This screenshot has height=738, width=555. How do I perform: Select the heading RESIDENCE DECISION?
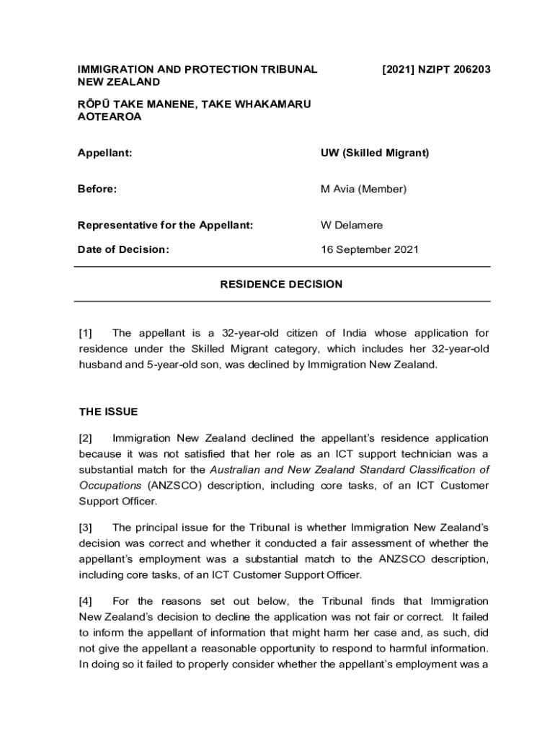[x=281, y=284]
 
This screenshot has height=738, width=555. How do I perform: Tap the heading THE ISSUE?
[x=108, y=412]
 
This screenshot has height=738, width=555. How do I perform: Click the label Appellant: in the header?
[x=105, y=153]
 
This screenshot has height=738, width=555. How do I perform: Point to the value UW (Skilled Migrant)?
[x=375, y=153]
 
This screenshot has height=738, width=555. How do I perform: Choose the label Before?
[x=97, y=189]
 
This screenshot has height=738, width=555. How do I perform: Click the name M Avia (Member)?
[x=364, y=189]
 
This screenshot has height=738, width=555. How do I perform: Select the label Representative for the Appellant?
[x=166, y=225]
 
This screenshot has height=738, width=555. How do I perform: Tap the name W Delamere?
[x=352, y=225]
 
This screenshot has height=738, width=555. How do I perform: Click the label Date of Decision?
[x=123, y=250]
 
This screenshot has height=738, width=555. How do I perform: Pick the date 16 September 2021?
[x=370, y=250]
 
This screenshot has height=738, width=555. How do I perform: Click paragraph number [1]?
[x=86, y=333]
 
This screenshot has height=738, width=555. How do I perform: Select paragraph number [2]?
[x=86, y=438]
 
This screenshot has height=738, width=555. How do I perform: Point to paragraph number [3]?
[x=86, y=528]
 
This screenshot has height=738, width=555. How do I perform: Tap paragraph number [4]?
[x=86, y=601]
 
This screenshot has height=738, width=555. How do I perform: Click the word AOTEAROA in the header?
[x=110, y=117]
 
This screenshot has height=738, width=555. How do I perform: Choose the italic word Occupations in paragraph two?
[x=110, y=486]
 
